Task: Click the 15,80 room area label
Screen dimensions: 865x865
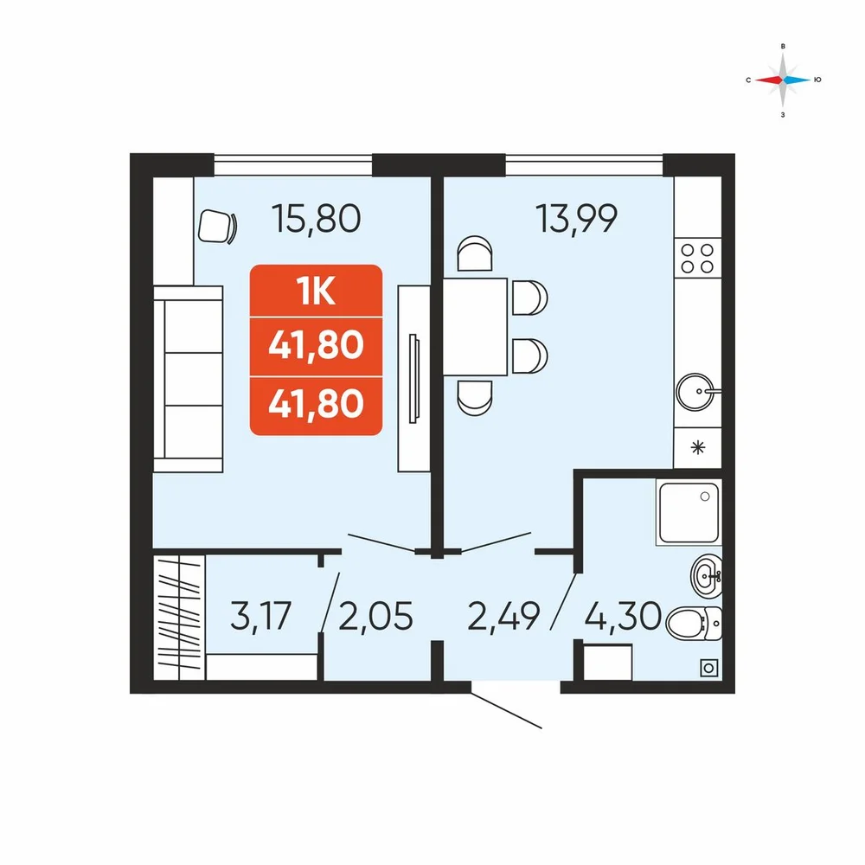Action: coord(316,219)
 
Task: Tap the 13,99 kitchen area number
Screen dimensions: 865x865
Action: coord(576,219)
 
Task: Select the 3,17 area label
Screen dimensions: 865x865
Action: coord(260,616)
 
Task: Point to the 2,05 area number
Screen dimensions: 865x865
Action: coord(375,616)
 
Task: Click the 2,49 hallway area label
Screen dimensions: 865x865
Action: coord(503,616)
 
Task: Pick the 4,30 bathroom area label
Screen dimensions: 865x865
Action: coord(623,616)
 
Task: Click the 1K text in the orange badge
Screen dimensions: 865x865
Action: coord(316,292)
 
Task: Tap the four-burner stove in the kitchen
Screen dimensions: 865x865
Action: coord(697,259)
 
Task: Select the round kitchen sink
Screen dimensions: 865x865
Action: coord(696,392)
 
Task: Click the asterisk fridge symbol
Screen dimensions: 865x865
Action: coord(698,447)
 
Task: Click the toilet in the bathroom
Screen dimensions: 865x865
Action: coord(694,624)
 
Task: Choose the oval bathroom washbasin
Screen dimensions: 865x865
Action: coord(707,576)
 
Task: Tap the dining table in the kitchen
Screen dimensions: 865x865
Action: coord(475,327)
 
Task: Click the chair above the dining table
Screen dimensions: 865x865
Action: coord(474,253)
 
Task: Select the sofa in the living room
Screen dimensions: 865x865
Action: coord(188,379)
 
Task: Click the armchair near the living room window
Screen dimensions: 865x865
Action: coord(216,227)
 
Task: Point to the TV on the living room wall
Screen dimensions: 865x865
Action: coord(413,379)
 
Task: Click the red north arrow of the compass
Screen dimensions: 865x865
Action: coord(768,80)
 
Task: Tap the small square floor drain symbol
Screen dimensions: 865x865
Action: coord(709,669)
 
